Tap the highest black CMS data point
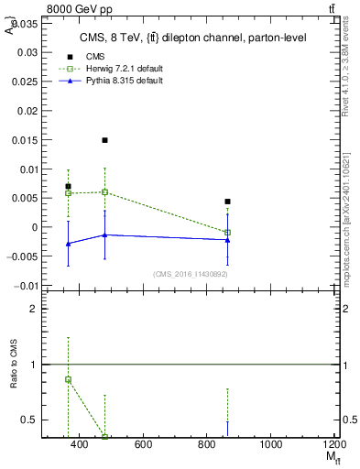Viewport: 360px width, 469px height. pos(105,140)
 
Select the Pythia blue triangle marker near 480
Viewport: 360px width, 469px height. pos(105,234)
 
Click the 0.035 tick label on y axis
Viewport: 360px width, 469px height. pos(26,23)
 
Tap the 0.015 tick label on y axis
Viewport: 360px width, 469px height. pos(26,140)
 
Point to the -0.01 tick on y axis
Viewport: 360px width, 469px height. pos(27,286)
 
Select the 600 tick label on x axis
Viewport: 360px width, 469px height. pos(143,444)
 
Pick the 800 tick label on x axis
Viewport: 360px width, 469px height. pos(207,444)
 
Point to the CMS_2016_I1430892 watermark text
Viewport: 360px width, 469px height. pos(190,274)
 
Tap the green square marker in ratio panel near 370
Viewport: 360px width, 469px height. pos(68,379)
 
